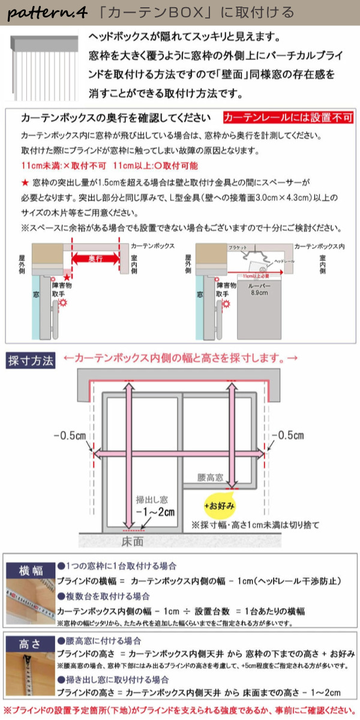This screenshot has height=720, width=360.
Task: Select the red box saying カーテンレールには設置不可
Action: tap(288, 118)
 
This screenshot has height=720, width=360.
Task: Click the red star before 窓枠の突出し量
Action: tap(25, 181)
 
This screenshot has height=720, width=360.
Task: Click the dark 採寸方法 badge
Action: tap(31, 361)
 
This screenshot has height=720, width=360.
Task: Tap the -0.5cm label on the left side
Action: tap(69, 435)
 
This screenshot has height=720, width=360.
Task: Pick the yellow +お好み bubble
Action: tap(220, 505)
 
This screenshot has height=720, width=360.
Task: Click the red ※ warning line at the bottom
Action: tap(180, 709)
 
